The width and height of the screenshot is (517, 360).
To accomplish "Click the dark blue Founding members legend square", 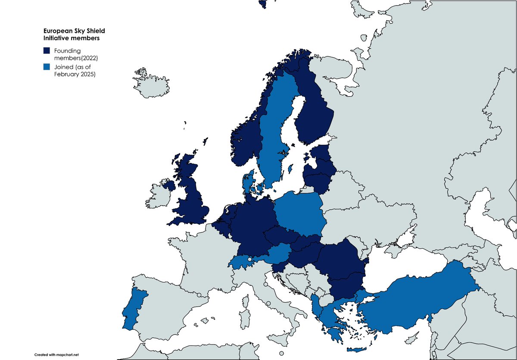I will pyautogui.click(x=47, y=51).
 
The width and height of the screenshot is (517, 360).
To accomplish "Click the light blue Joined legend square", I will pyautogui.click(x=47, y=67).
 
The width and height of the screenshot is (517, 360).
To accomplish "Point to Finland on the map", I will pyautogui.click(x=312, y=112).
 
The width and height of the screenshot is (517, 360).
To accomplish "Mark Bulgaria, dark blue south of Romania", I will pyautogui.click(x=345, y=287).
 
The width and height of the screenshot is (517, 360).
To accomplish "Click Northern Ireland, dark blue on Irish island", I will pyautogui.click(x=169, y=186).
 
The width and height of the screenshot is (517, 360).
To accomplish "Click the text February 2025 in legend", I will pyautogui.click(x=77, y=74).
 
